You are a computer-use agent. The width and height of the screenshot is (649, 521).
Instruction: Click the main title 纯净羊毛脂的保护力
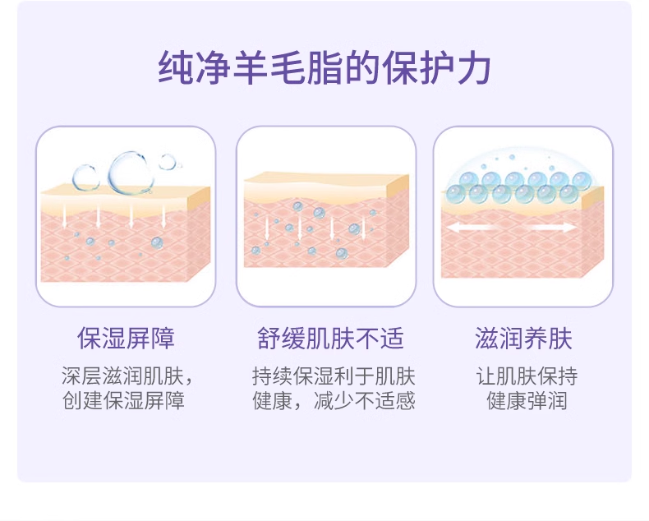click(x=324, y=68)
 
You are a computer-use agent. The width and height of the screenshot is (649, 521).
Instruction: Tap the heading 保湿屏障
click(x=126, y=339)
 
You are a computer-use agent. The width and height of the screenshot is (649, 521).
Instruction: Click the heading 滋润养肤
click(x=523, y=339)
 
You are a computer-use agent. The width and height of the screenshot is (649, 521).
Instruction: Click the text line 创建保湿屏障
click(x=123, y=401)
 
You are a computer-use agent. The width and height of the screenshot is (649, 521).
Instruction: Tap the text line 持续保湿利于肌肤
click(x=334, y=377)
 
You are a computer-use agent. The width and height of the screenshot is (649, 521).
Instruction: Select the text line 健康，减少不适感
click(x=334, y=401)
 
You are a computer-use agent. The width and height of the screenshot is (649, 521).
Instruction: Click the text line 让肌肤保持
click(x=527, y=377)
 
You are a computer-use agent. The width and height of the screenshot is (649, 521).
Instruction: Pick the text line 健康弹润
click(x=527, y=401)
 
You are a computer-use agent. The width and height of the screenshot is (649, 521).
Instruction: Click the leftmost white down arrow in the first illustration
click(x=66, y=214)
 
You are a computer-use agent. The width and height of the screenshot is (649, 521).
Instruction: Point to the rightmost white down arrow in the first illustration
click(x=164, y=214)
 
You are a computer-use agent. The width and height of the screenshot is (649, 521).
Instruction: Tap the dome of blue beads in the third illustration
click(x=522, y=182)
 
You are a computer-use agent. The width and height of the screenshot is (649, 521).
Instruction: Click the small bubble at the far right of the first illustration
click(x=168, y=162)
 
